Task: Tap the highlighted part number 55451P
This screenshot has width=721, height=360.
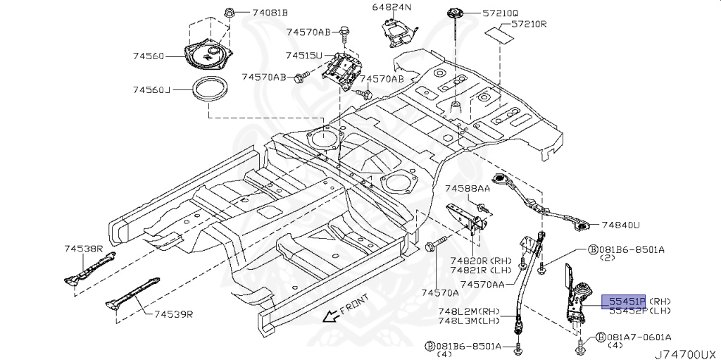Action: pos(623,301)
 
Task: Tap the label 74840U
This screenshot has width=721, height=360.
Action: pos(620,225)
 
